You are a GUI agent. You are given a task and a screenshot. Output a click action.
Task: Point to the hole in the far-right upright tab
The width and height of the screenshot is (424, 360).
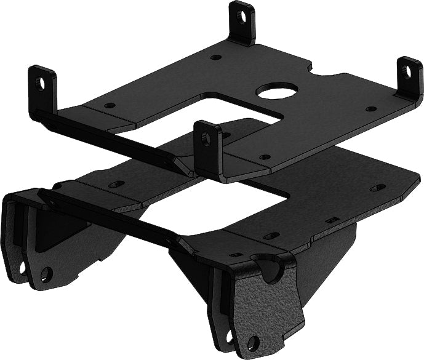point(407,72)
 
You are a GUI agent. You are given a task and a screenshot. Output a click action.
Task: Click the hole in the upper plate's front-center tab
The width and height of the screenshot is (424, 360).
point(206,139)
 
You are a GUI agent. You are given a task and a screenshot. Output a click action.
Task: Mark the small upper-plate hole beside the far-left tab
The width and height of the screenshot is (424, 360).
point(110,105)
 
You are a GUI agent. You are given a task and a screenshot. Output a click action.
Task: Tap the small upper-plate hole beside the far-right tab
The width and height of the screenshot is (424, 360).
point(370,109)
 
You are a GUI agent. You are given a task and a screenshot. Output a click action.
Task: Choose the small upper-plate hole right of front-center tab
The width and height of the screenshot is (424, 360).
point(265,157)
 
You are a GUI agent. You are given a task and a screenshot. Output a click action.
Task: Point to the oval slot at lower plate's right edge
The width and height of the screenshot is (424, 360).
point(378,187)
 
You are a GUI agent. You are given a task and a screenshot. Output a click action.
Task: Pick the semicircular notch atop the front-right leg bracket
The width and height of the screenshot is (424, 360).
point(270,269)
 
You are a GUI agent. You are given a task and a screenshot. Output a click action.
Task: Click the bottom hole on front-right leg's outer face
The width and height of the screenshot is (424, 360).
point(252,343)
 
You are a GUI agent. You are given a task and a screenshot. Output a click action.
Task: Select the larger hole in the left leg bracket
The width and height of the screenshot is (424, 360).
point(46,273)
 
